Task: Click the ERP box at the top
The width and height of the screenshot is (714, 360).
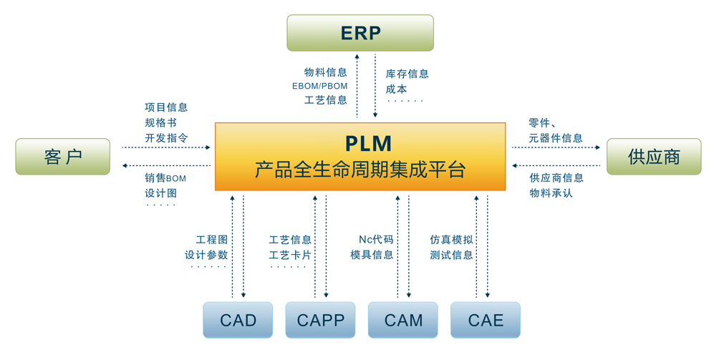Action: coord(360,33)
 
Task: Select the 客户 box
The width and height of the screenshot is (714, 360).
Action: coord(63,157)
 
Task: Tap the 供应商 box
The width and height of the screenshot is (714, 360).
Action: coord(653,157)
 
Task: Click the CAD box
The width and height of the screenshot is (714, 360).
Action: coord(238,320)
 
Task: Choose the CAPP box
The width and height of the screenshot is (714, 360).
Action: coord(320,320)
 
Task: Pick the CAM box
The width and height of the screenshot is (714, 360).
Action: coord(402,320)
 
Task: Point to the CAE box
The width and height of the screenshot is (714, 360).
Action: coord(485,320)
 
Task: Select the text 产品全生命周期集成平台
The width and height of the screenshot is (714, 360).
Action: coord(360,170)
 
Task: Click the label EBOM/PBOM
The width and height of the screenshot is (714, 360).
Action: coord(319,86)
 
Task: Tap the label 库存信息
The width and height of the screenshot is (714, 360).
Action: coord(407,74)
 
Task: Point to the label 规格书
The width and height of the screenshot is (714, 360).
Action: coord(160,122)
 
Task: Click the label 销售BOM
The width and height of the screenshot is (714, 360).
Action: coord(165,177)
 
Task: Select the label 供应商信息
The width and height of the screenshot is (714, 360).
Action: coord(556,177)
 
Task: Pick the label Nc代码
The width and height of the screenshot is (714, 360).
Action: coord(376,240)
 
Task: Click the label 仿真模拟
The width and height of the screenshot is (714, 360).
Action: coord(451,240)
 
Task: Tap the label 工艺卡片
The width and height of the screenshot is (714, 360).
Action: coord(290,255)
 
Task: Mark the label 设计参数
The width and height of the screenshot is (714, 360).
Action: coord(206,255)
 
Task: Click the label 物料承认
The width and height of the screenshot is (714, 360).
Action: coord(551,193)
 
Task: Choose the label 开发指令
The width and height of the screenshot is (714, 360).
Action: coord(166,137)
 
